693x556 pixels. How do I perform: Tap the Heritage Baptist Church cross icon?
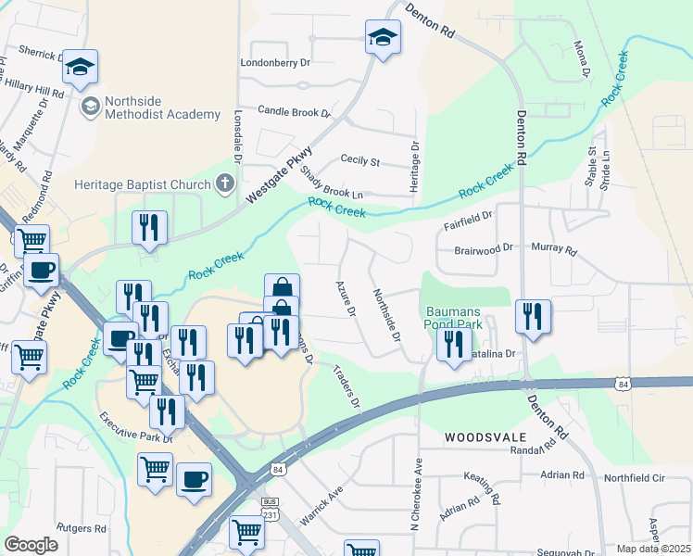[223, 183]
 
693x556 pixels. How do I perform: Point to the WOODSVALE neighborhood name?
[485, 436]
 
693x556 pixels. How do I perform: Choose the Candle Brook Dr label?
[294, 111]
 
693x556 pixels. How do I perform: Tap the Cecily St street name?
[360, 161]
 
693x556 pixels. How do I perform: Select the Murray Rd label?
[554, 249]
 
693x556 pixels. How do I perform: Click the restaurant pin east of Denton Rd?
[533, 316]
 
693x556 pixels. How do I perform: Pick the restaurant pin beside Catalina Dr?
[453, 345]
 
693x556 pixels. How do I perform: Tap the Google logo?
[31, 545]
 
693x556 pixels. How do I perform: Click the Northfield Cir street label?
[635, 477]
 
